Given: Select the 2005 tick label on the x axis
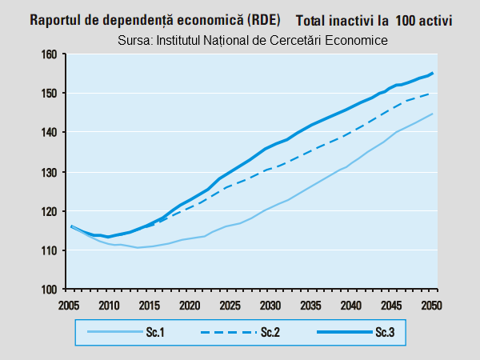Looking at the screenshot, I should [x=69, y=305].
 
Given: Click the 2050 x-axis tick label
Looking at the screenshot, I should [x=432, y=305].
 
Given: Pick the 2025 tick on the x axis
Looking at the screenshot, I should [x=230, y=305].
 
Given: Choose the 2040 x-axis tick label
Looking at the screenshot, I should [x=351, y=305].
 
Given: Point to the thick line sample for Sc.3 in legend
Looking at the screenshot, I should [x=336, y=334].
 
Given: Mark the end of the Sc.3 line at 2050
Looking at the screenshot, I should [x=433, y=73].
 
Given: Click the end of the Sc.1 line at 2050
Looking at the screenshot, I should [x=433, y=114].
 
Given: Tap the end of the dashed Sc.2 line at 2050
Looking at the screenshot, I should [x=433, y=94].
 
